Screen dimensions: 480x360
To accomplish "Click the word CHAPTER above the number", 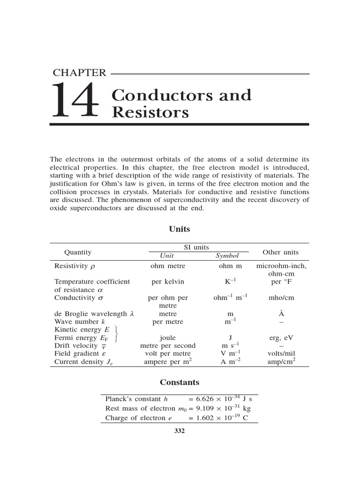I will [80, 73].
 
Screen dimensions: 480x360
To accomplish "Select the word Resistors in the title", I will [150, 112].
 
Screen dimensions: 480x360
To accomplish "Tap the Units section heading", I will [180, 229].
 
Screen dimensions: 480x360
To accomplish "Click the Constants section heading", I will [180, 382].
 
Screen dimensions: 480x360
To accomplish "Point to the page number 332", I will [180, 431].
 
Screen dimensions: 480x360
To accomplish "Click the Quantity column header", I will [78, 252].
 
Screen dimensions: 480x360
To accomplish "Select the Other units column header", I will [280, 252].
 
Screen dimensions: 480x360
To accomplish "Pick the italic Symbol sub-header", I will [227, 256].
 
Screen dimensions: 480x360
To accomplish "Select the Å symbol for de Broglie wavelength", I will [281, 314].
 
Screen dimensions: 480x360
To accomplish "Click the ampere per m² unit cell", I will [167, 361].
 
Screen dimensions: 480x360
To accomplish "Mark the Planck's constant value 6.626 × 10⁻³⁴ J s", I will [220, 399].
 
